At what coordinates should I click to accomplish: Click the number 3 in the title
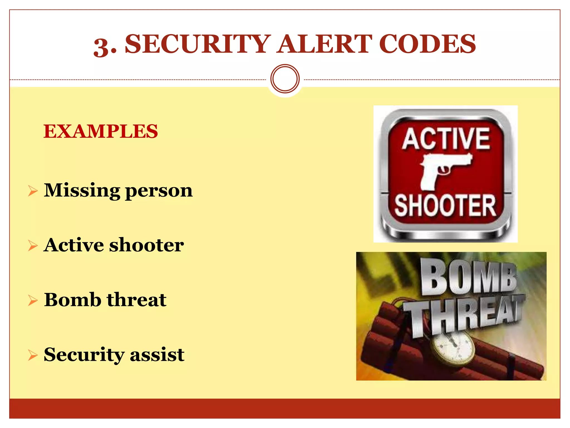pos(101,46)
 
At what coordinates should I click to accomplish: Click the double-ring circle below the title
pos(285,79)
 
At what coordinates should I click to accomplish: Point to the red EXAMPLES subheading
pos(100,131)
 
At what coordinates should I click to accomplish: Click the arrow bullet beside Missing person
pos(33,191)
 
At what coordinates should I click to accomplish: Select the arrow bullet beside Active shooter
pos(33,246)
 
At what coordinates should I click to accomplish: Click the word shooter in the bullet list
pos(146,245)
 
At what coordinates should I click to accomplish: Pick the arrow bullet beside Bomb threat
pos(33,301)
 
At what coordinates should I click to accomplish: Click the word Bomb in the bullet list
pos(72,300)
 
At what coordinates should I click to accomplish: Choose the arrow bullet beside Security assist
pos(33,355)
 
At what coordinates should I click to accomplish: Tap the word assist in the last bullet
pos(157,355)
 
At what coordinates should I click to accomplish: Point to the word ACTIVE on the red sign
pos(446,139)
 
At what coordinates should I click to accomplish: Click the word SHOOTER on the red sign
pos(445,206)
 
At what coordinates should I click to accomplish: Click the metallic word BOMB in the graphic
pos(468,277)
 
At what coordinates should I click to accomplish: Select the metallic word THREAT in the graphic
pos(463,316)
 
